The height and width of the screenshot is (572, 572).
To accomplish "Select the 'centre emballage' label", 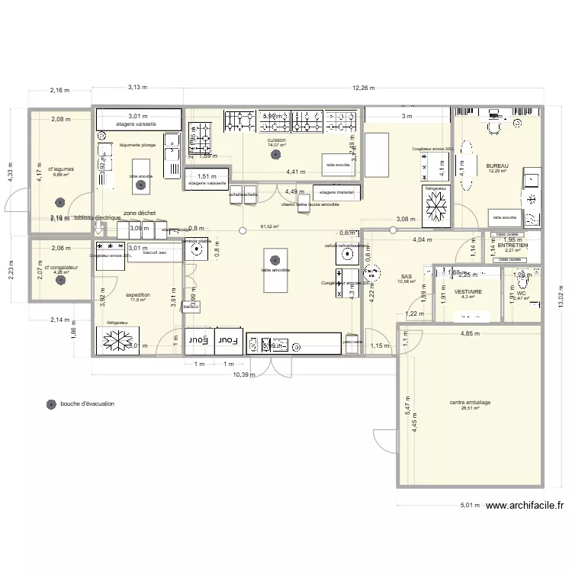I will point(470,402).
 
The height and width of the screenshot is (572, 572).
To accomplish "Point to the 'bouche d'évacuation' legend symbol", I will point(51,403).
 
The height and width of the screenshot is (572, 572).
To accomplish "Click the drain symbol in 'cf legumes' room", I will point(59,203).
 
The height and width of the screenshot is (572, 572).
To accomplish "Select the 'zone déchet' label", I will point(140,214).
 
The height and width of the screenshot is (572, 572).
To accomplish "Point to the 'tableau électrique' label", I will point(97,218).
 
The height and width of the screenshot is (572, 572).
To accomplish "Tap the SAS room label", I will point(406,275).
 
